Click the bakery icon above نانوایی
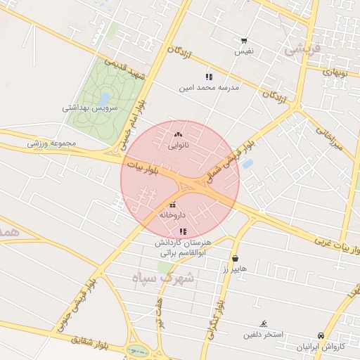pos(177,134)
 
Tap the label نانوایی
pos(179,146)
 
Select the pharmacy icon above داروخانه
pos(173,204)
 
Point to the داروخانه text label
pos(172,214)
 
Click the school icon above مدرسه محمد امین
pos(208,76)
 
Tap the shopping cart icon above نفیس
pos(243,41)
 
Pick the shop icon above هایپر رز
pos(234,258)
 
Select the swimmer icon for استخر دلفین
pos(263,323)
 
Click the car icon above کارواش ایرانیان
pos(321,336)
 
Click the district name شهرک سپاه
pos(164,278)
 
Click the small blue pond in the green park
pos(104,98)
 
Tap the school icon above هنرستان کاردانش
pos(183,231)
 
